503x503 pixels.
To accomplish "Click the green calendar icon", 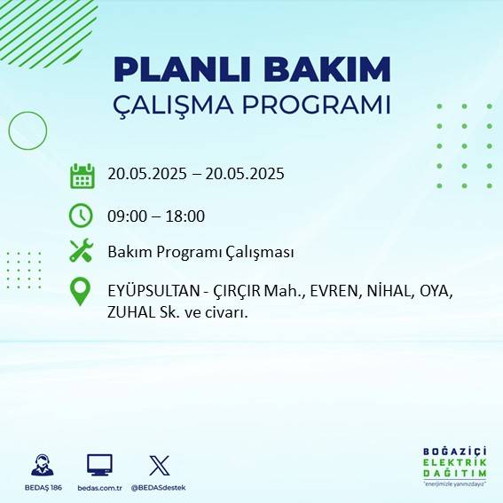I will pos(82,176).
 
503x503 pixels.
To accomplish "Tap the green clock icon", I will pos(81,216).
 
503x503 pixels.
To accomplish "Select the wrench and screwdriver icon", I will pos(82,251).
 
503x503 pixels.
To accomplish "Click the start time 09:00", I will pos(126,216).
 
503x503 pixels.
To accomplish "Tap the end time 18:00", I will pos(186,216).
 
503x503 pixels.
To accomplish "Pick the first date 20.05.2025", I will pos(146,174).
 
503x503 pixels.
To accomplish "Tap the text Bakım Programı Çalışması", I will pos(200,252).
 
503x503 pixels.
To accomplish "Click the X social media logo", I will pos(160,465).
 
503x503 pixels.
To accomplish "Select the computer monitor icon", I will pos(99,465).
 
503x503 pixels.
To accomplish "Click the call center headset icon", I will pos(42,465).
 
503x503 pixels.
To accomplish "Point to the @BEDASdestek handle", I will pos(159,488).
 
